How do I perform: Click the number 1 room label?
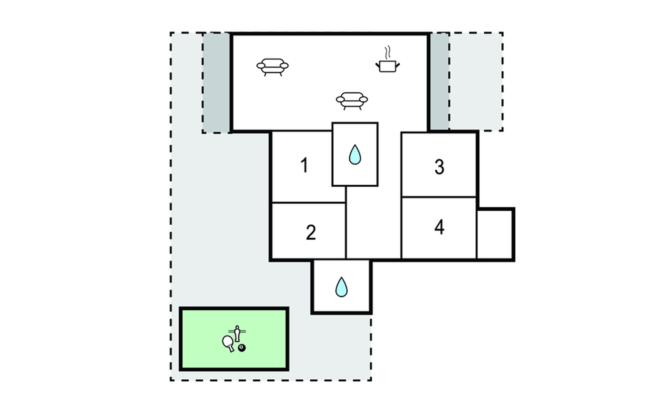(x=304, y=165)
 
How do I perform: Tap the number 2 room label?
(x=311, y=232)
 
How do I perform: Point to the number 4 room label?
(x=439, y=227)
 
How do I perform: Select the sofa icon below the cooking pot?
(x=352, y=101)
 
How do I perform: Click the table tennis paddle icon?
(x=228, y=343)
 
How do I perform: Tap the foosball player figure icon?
(x=237, y=333)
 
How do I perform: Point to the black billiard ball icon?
(x=242, y=348)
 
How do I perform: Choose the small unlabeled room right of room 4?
(x=495, y=234)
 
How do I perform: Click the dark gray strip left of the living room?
(x=216, y=83)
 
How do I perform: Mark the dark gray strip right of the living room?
(x=439, y=82)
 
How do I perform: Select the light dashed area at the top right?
(x=476, y=82)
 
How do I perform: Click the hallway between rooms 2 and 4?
(x=374, y=223)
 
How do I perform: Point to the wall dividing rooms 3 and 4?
(x=439, y=197)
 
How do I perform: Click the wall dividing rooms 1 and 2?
(x=308, y=203)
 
